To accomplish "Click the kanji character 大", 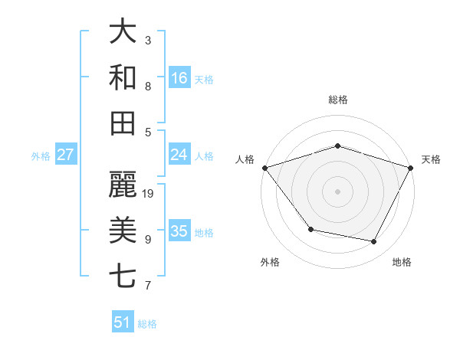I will pyautogui.click(x=124, y=32).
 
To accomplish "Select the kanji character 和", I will pyautogui.click(x=124, y=77).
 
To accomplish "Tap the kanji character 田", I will pyautogui.click(x=124, y=123).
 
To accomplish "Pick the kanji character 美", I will pyautogui.click(x=124, y=230).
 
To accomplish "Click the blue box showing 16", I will pyautogui.click(x=179, y=78).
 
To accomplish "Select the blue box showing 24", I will pyautogui.click(x=179, y=155).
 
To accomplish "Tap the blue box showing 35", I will pyautogui.click(x=179, y=231).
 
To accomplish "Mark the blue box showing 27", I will pyautogui.click(x=66, y=155).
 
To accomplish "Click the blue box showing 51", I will pyautogui.click(x=123, y=322).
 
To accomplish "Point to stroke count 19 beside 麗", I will pyautogui.click(x=149, y=193).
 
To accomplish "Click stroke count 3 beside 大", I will pyautogui.click(x=148, y=40).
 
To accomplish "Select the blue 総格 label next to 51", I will pyautogui.click(x=147, y=324).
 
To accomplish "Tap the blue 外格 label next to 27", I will pyautogui.click(x=41, y=156).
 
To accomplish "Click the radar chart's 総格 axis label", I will pyautogui.click(x=337, y=100).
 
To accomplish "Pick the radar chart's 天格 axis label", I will pyautogui.click(x=431, y=159).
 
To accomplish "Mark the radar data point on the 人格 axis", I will pyautogui.click(x=264, y=168).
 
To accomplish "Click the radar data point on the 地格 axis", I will pyautogui.click(x=374, y=242).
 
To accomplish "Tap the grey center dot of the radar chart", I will pyautogui.click(x=337, y=191).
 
